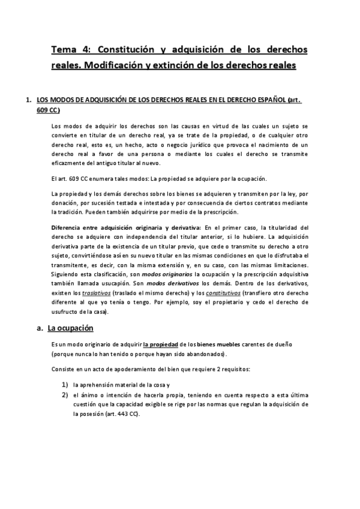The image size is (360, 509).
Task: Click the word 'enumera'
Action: coord(98,179)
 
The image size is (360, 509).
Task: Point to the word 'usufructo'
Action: coord(68,312)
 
